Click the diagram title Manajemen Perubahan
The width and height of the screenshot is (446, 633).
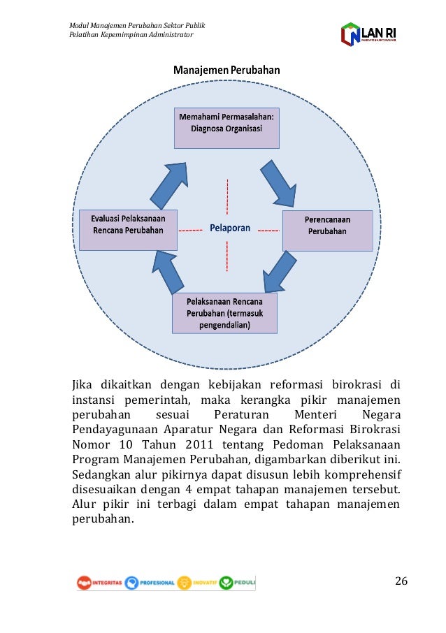pos(226,70)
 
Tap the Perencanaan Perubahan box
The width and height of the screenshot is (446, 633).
pos(327,225)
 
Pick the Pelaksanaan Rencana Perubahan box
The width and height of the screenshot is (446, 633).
pos(224,313)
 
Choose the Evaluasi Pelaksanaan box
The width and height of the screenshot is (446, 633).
pos(127,225)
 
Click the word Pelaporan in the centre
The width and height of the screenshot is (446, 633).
pos(230,228)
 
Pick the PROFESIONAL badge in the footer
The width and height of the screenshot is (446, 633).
pos(150,582)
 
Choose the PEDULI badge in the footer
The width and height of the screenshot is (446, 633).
pos(237,582)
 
